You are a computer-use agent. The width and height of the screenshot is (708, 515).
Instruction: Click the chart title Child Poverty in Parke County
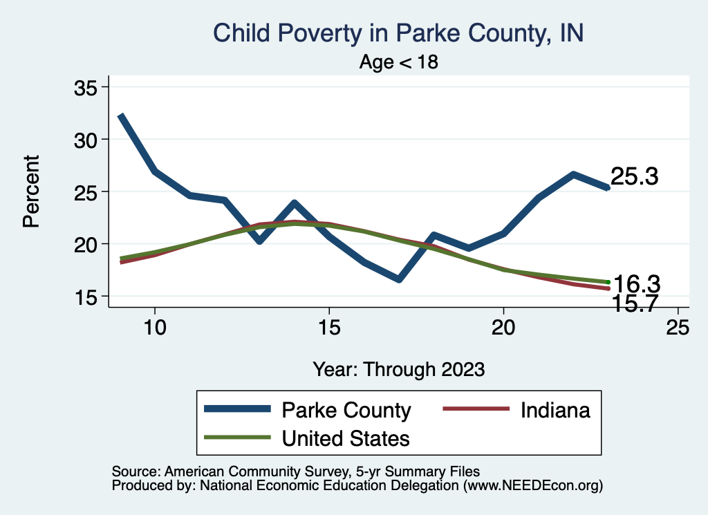point(399,32)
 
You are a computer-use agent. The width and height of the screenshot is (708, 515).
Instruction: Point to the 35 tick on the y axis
point(87,87)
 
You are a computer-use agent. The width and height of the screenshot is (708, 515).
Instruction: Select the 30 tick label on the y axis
point(87,139)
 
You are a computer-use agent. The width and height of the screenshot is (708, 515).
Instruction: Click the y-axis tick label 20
point(87,244)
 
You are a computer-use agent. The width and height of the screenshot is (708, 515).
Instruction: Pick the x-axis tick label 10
point(154,328)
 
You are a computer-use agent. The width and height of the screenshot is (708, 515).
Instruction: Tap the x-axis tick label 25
point(678,328)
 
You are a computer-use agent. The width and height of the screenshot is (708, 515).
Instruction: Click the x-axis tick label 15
point(328,328)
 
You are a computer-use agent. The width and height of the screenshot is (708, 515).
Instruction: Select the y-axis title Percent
point(30,191)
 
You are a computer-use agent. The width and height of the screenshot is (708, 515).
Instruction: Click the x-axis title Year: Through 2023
point(399,368)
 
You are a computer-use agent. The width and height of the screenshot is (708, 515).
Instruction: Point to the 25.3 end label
point(634,177)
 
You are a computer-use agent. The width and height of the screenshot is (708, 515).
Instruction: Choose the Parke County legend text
point(346,410)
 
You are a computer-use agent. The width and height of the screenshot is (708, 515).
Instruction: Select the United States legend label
point(346,438)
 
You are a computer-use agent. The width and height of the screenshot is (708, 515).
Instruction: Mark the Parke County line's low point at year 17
point(399,279)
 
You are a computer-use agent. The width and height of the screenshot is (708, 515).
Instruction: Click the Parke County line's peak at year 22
point(573,174)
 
